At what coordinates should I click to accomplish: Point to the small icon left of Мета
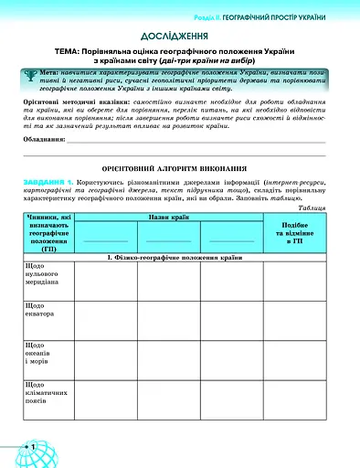pyautogui.click(x=33, y=72)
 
